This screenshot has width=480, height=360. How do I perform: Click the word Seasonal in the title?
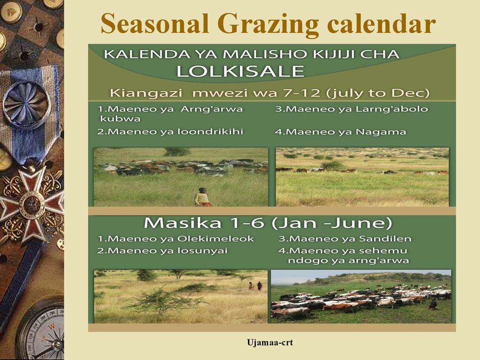(155, 23)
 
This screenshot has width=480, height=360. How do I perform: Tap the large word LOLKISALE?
(240, 71)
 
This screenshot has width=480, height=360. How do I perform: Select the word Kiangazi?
(146, 93)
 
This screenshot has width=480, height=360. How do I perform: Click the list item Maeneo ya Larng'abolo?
(352, 109)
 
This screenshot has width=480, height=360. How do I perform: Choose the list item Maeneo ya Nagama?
(340, 132)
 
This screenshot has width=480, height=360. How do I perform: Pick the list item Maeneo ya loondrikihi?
(170, 132)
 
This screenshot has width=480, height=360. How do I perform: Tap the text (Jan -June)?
(332, 223)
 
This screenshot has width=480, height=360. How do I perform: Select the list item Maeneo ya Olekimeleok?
(176, 239)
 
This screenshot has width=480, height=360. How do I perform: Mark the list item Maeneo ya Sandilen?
(345, 239)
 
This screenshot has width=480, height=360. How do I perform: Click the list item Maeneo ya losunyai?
(163, 251)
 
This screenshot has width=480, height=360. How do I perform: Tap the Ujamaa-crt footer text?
(270, 342)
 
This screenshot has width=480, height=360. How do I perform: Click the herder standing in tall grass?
(203, 197)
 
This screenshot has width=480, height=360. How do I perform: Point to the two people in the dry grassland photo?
(255, 286)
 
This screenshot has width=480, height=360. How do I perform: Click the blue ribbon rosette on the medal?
(27, 105)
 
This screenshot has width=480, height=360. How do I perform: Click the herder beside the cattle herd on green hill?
(433, 305)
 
